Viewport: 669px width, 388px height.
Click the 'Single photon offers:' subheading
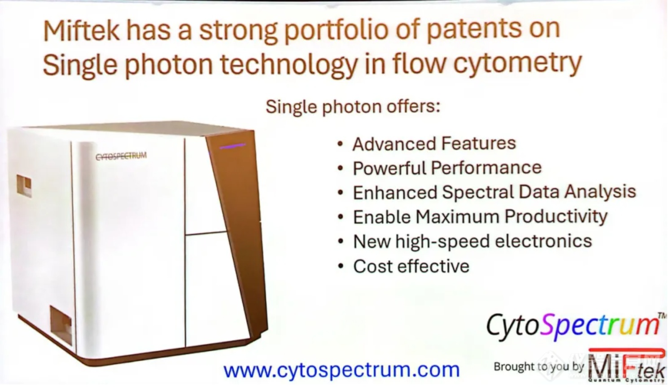(x=353, y=107)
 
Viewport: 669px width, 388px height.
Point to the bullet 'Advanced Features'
(x=434, y=143)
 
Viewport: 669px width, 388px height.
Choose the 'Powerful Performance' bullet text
(x=447, y=168)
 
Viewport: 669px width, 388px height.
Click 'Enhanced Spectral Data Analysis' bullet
(x=494, y=192)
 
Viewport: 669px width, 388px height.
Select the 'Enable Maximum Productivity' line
(x=480, y=217)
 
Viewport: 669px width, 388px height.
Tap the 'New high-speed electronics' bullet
(x=472, y=241)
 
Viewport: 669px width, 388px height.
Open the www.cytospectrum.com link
(x=341, y=370)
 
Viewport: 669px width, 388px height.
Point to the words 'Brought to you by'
(x=539, y=367)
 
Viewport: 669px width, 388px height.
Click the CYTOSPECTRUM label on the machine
(x=121, y=156)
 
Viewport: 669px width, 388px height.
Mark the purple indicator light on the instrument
(x=233, y=146)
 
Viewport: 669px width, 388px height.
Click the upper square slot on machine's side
(x=24, y=186)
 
